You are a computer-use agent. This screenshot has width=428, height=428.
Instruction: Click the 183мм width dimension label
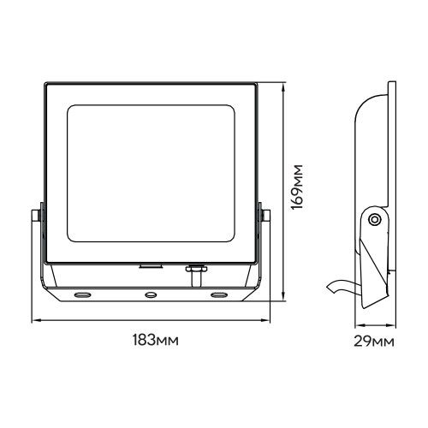(156, 340)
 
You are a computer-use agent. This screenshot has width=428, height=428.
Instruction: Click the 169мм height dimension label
(296, 187)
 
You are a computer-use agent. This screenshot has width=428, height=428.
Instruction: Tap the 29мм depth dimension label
(374, 341)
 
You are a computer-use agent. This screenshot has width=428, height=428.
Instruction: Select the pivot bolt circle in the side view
(374, 220)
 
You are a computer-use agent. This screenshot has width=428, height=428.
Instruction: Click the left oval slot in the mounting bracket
(83, 294)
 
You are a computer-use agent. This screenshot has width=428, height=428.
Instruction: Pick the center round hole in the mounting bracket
(151, 294)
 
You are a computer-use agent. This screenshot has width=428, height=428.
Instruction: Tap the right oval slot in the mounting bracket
(219, 294)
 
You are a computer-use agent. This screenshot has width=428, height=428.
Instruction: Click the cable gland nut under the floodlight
(195, 269)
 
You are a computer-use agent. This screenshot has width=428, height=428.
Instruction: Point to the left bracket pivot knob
(36, 216)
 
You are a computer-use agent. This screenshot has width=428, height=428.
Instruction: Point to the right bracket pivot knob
(265, 216)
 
